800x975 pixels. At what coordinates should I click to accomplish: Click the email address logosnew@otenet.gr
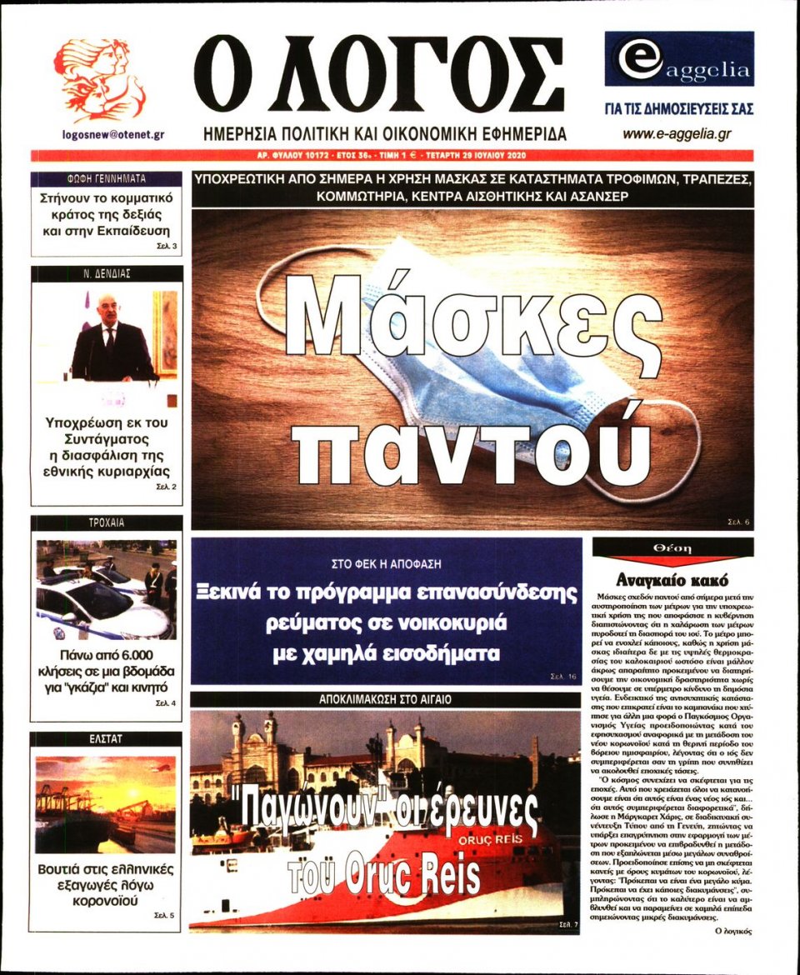point(112,133)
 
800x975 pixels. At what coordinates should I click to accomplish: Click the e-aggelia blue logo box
point(678,59)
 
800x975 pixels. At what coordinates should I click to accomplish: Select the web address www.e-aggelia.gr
point(677,133)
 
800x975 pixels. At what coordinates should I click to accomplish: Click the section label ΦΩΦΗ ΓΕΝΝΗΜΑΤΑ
point(106,178)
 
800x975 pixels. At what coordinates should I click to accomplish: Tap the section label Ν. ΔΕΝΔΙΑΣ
point(106,273)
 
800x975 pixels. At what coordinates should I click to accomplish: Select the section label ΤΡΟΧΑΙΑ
point(106,522)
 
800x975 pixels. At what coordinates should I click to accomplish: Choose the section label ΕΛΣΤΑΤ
point(106,739)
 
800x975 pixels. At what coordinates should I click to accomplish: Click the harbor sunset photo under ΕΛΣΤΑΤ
point(106,804)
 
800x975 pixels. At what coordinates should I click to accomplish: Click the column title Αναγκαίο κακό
point(672,580)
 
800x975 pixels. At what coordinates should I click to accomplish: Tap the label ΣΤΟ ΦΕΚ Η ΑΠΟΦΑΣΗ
point(386,562)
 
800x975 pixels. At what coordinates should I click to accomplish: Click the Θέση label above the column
point(672,548)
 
